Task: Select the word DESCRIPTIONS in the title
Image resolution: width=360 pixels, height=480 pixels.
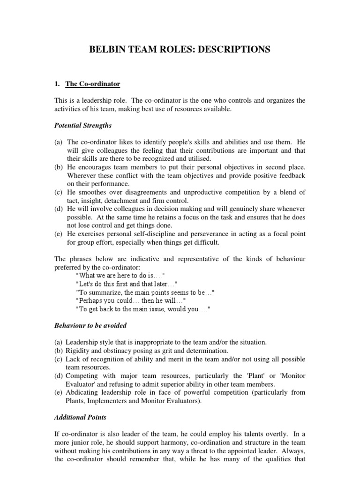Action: click(x=236, y=49)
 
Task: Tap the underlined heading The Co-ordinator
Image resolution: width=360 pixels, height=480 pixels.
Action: click(x=93, y=84)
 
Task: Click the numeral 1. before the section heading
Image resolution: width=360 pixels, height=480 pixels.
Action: click(x=58, y=84)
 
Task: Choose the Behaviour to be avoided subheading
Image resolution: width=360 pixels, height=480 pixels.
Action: click(x=90, y=325)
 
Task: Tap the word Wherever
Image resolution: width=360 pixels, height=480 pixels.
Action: click(x=81, y=175)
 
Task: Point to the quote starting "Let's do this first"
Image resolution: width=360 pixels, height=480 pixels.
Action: click(x=127, y=284)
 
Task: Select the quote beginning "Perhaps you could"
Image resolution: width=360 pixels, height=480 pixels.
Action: click(x=130, y=300)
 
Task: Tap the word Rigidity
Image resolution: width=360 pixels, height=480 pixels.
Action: click(x=78, y=351)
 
